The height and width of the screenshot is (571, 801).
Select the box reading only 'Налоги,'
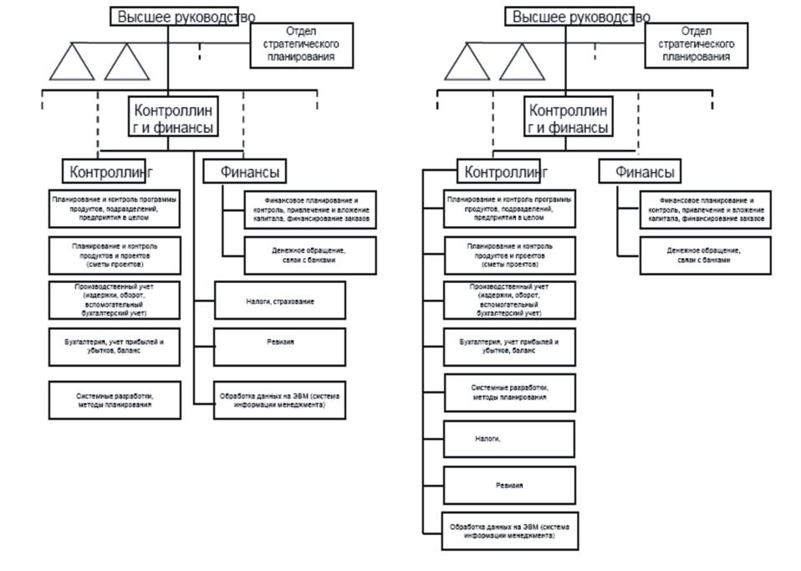coord(509,439)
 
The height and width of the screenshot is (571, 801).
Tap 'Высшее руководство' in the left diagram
coord(186,17)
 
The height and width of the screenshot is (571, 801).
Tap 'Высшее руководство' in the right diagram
coord(581,17)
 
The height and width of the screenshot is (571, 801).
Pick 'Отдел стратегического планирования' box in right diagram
coord(696,44)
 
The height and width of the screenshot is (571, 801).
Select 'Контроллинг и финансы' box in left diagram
coord(171,119)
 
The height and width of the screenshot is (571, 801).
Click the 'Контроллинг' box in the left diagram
coord(111,172)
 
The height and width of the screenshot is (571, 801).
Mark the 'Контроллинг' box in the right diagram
coord(506,172)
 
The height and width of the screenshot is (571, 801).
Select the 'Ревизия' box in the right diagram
coord(509,485)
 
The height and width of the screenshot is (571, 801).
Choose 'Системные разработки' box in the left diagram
coord(115,399)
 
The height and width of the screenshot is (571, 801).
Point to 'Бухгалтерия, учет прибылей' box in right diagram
coord(509,347)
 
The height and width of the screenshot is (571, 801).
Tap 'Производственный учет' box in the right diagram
coord(509,301)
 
